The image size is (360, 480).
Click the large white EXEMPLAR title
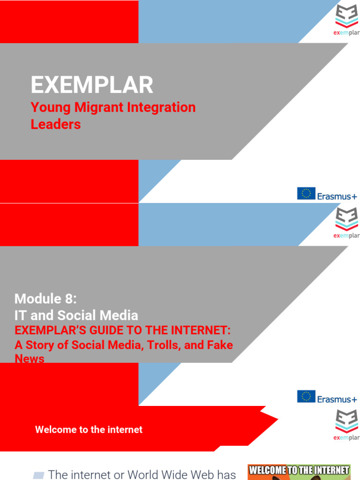pyautogui.click(x=92, y=85)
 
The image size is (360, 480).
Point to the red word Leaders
pyautogui.click(x=56, y=124)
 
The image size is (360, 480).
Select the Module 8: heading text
pyautogui.click(x=45, y=299)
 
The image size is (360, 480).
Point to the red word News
pyautogui.click(x=30, y=359)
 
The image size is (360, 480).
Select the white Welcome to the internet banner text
pyautogui.click(x=89, y=429)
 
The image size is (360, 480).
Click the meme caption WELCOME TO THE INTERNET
pyautogui.click(x=299, y=470)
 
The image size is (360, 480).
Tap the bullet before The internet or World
pyautogui.click(x=39, y=475)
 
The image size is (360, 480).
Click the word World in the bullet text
pyautogui.click(x=159, y=474)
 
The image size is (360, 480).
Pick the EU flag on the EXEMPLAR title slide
pyautogui.click(x=306, y=194)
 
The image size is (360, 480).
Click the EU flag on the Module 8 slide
pyautogui.click(x=306, y=397)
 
